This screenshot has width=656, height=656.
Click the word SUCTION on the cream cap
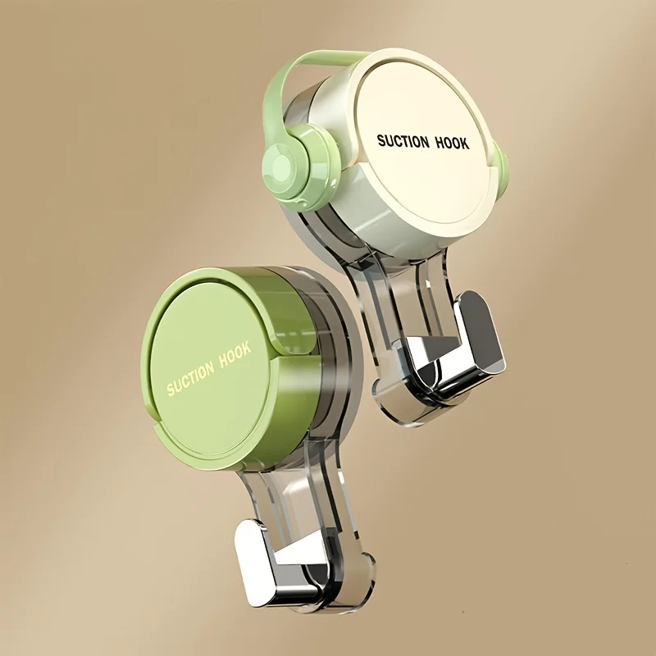click(403, 141)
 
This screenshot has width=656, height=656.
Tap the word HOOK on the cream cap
click(450, 143)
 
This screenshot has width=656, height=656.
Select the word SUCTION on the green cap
click(190, 378)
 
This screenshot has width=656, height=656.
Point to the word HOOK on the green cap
click(236, 355)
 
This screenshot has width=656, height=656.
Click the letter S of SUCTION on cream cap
click(380, 141)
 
